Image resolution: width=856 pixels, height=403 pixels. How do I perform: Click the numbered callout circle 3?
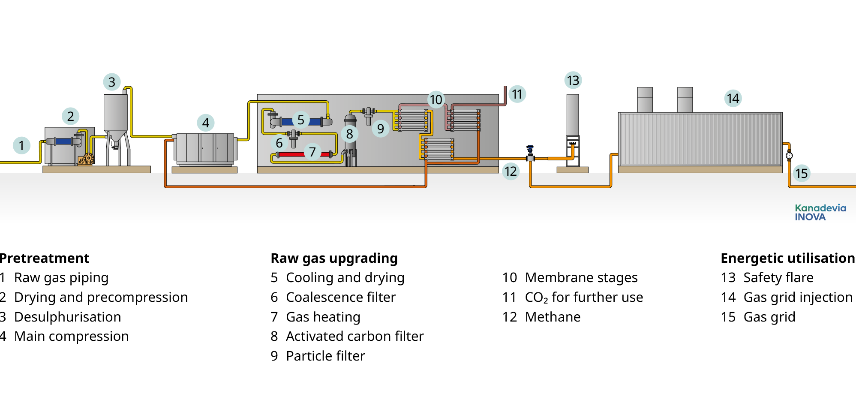pos(112,82)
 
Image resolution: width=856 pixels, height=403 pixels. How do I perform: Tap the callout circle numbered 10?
pos(436,100)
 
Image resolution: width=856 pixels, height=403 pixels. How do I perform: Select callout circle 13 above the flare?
pos(573,81)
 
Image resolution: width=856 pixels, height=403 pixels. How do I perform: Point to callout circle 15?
pos(802,174)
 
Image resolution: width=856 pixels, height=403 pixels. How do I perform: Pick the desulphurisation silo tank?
pos(115,114)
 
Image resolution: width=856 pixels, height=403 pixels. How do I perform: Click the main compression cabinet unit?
pos(205,148)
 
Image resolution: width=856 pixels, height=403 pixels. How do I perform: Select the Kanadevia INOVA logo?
pos(820,213)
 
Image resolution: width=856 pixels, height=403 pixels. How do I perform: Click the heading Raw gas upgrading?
pos(334,259)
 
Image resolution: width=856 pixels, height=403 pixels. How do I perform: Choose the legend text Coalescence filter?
pos(341,298)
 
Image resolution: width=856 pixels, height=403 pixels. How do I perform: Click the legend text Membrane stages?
pos(581,278)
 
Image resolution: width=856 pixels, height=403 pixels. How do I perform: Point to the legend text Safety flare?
pos(778,278)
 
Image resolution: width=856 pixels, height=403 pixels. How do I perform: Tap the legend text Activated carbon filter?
pos(355,337)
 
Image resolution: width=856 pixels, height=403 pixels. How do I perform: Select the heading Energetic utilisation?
pos(788,259)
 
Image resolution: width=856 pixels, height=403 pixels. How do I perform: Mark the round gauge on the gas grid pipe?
pos(789,156)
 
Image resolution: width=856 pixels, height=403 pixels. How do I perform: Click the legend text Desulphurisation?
pos(68,317)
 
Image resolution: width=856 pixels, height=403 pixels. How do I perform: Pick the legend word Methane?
pos(553,317)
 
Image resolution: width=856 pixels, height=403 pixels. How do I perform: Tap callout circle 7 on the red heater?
pos(312,152)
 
